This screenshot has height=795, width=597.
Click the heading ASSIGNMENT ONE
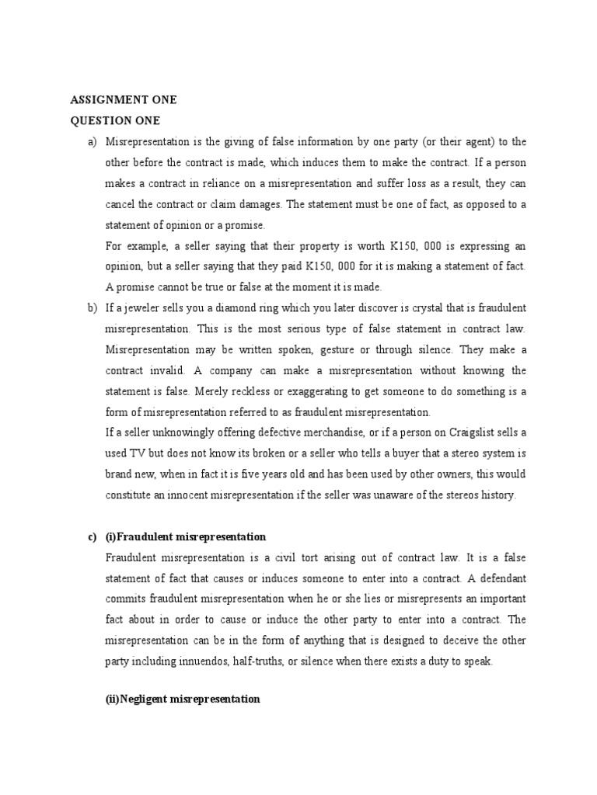[124, 100]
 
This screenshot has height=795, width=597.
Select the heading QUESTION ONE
[117, 120]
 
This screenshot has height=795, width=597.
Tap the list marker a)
[93, 141]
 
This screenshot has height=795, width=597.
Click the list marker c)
[93, 536]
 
